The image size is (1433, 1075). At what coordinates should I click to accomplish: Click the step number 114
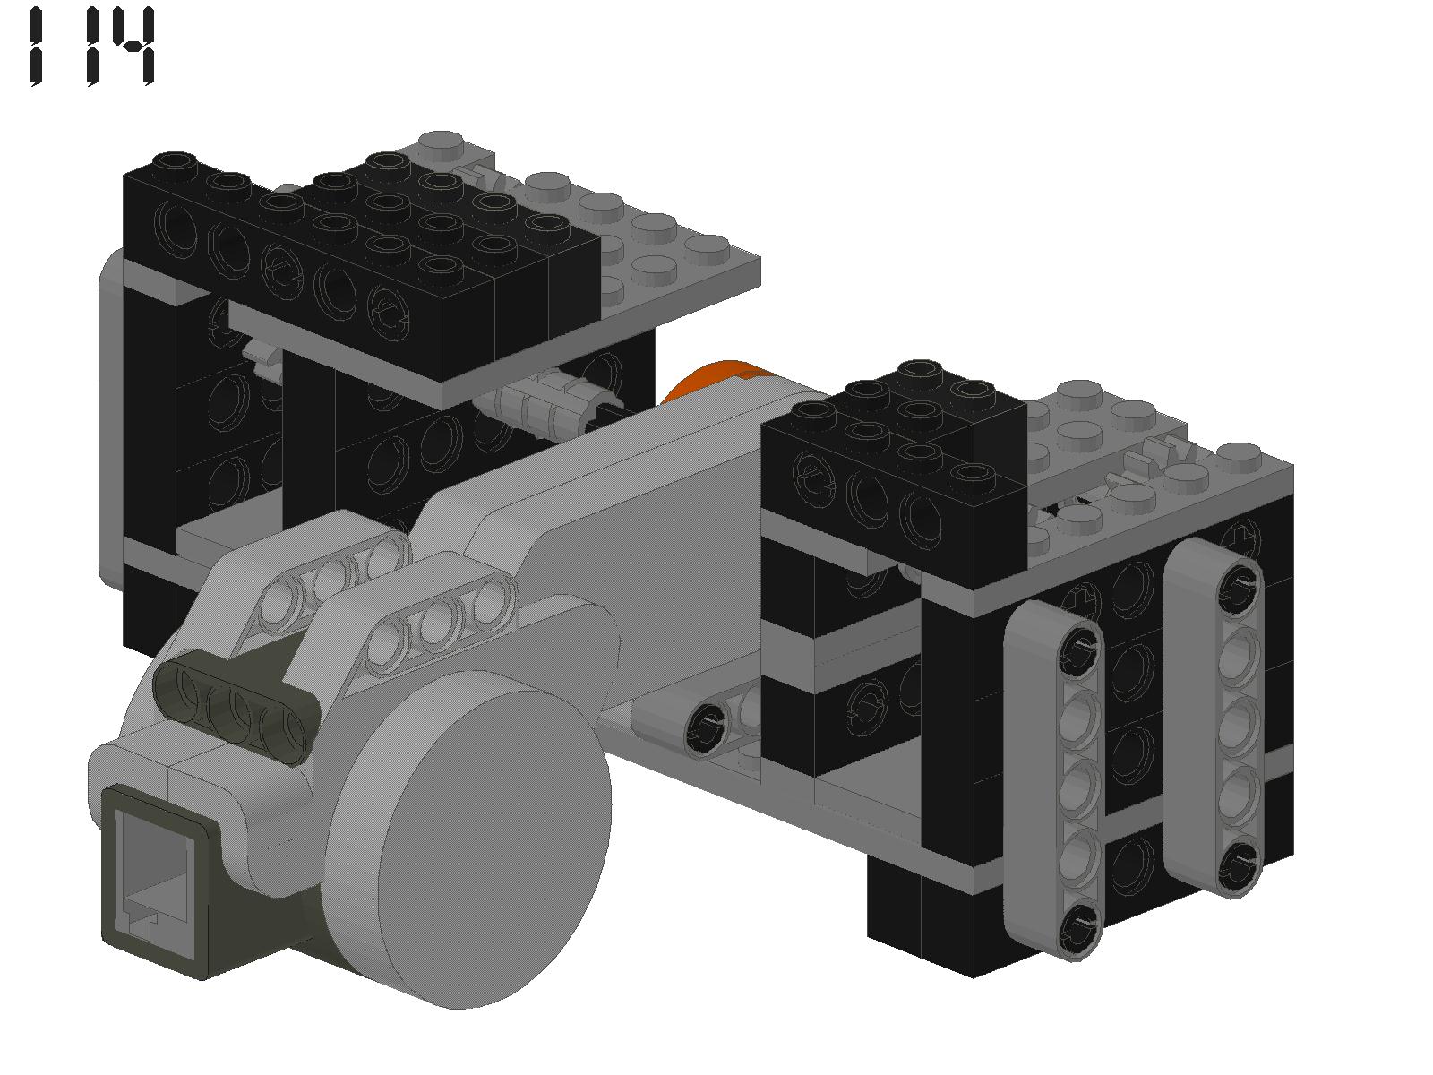click(92, 46)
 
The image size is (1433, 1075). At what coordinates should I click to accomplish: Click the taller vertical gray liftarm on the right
click(1214, 718)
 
